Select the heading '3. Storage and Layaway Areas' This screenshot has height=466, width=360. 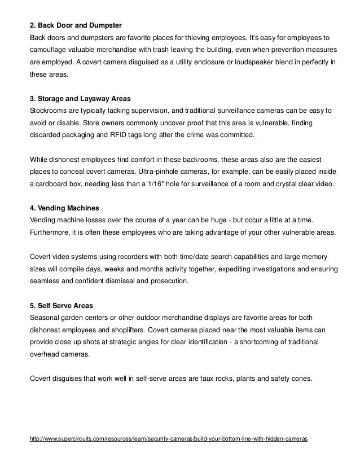click(x=80, y=98)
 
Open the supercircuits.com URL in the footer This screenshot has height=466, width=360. click(x=168, y=438)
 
